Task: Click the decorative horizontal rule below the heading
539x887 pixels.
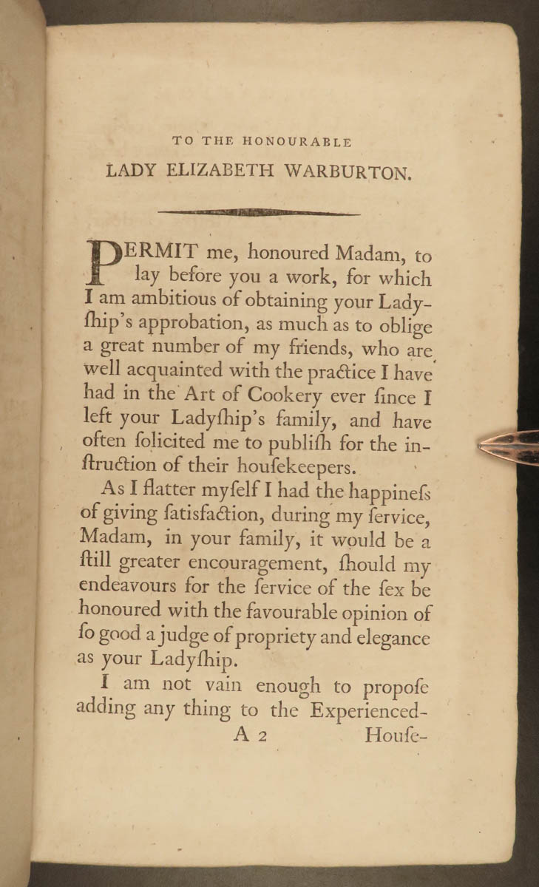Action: pos(259,213)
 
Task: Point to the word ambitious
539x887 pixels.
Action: pos(161,302)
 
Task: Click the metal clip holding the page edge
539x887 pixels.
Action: pos(510,446)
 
